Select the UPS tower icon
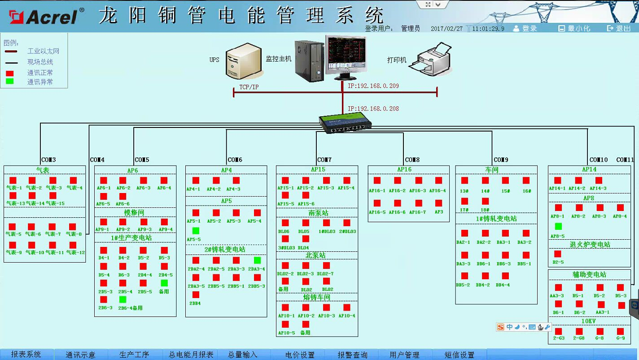[243, 61]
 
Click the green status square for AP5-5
[196, 231]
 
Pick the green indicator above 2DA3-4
[257, 260]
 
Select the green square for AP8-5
[558, 226]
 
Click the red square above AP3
[438, 203]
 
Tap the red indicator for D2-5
[558, 254]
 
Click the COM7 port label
[324, 160]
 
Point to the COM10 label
[598, 160]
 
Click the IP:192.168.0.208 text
[373, 109]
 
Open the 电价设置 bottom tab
[300, 355]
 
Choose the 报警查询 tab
[352, 355]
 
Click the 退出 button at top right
[619, 28]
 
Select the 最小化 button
[574, 28]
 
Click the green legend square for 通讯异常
[9, 81]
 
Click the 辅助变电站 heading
[589, 274]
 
